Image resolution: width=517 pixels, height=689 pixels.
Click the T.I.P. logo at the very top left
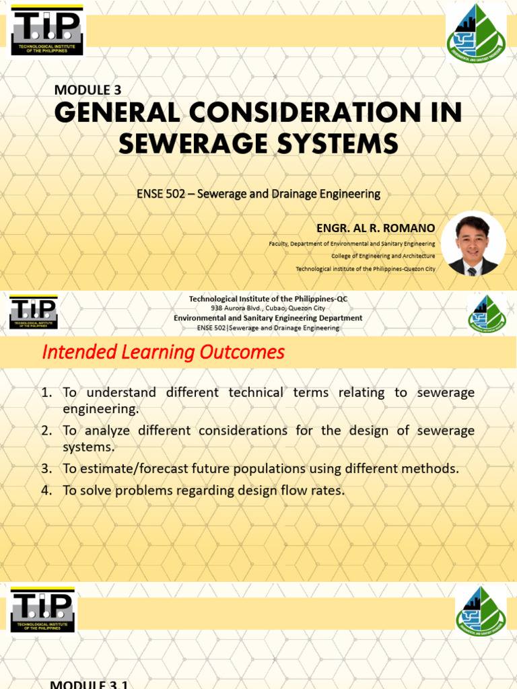point(46,30)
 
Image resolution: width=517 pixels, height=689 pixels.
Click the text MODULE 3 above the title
point(88,90)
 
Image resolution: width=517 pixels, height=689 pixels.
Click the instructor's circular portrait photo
point(473,245)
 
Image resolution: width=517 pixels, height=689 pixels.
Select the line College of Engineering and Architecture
point(383,256)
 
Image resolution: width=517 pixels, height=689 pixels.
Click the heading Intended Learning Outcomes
point(164,352)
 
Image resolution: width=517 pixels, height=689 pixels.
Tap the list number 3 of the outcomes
point(46,469)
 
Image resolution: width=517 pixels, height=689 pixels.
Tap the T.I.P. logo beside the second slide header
point(34,313)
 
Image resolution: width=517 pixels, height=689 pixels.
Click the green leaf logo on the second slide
point(487,314)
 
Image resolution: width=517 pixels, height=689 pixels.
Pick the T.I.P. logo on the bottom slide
point(43,610)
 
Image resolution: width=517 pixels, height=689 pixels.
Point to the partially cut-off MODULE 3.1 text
point(90,684)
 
